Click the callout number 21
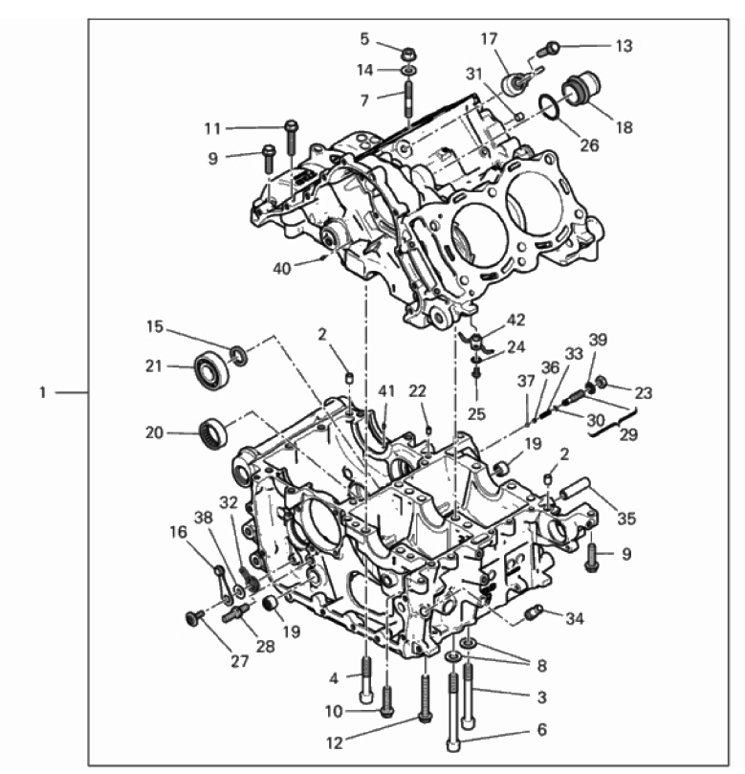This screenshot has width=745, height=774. pyautogui.click(x=153, y=366)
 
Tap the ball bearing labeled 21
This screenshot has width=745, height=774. pyautogui.click(x=211, y=370)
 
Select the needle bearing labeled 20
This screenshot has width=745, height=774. pyautogui.click(x=213, y=432)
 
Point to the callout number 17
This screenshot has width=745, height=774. pyautogui.click(x=490, y=38)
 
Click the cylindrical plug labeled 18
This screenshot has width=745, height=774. pyautogui.click(x=581, y=88)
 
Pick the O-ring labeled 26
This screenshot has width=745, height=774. pyautogui.click(x=549, y=106)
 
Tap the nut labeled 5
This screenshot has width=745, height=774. pyautogui.click(x=408, y=53)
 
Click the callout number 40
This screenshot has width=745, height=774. pyautogui.click(x=282, y=269)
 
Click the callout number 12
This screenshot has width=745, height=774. pyautogui.click(x=335, y=742)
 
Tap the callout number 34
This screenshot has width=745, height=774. pyautogui.click(x=575, y=618)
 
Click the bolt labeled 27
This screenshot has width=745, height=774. pyautogui.click(x=195, y=616)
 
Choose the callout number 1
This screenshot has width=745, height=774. pyautogui.click(x=43, y=393)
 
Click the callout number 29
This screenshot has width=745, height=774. pyautogui.click(x=628, y=434)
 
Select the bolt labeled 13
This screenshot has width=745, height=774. pyautogui.click(x=548, y=49)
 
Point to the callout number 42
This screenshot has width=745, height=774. pyautogui.click(x=516, y=320)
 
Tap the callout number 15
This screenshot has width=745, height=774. pyautogui.click(x=155, y=327)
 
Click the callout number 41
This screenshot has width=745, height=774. pyautogui.click(x=386, y=391)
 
